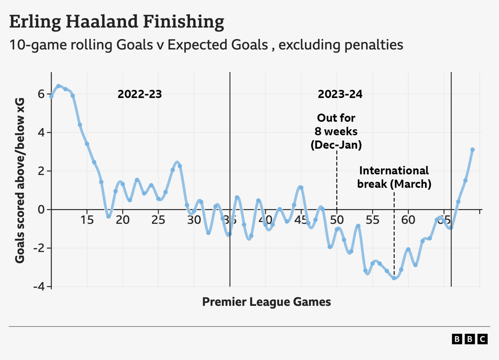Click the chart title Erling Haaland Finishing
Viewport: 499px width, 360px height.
pos(117,22)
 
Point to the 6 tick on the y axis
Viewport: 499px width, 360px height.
pos(41,94)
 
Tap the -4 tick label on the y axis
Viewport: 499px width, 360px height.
pos(39,286)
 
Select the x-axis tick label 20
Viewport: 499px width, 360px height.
pos(123,220)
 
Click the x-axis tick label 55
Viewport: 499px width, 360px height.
pos(372,220)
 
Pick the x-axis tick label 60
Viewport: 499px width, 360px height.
pos(408,220)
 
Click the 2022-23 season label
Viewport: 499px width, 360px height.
pos(140,94)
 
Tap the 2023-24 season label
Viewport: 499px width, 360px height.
pos(340,94)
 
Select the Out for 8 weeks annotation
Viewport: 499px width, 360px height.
pos(336,131)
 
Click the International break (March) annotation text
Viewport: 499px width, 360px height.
pos(394,177)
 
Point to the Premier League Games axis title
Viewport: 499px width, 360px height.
pos(266,302)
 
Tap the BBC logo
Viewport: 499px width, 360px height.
pos(470,339)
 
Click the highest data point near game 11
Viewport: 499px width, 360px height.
pos(58,86)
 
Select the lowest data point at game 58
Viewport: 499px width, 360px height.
pos(394,278)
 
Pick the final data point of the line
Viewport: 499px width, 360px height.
pos(472,150)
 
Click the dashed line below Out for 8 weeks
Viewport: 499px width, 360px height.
pos(337,181)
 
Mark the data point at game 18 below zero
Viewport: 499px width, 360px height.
pos(109,216)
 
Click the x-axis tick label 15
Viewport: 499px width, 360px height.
pos(87,220)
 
